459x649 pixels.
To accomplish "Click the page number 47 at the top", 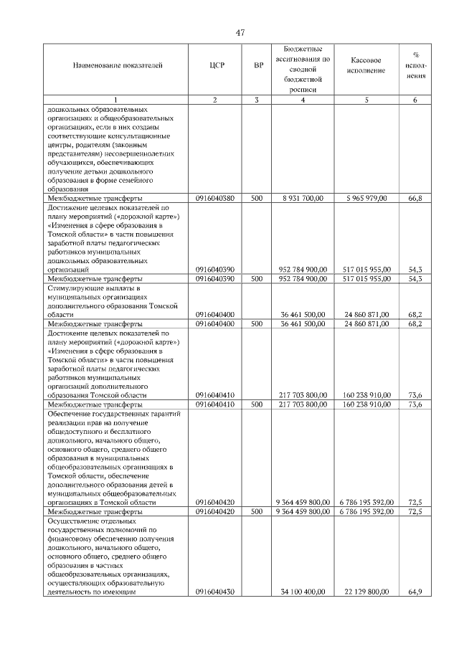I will point(240,32).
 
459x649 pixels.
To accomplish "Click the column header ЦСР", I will point(217,65).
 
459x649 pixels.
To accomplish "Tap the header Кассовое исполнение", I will point(366,65).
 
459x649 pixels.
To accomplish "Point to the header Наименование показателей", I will point(118,65).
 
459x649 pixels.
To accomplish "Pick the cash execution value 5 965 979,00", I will point(366,198).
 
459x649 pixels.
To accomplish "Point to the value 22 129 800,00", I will point(366,592).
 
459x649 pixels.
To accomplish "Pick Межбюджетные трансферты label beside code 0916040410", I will point(94,404).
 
